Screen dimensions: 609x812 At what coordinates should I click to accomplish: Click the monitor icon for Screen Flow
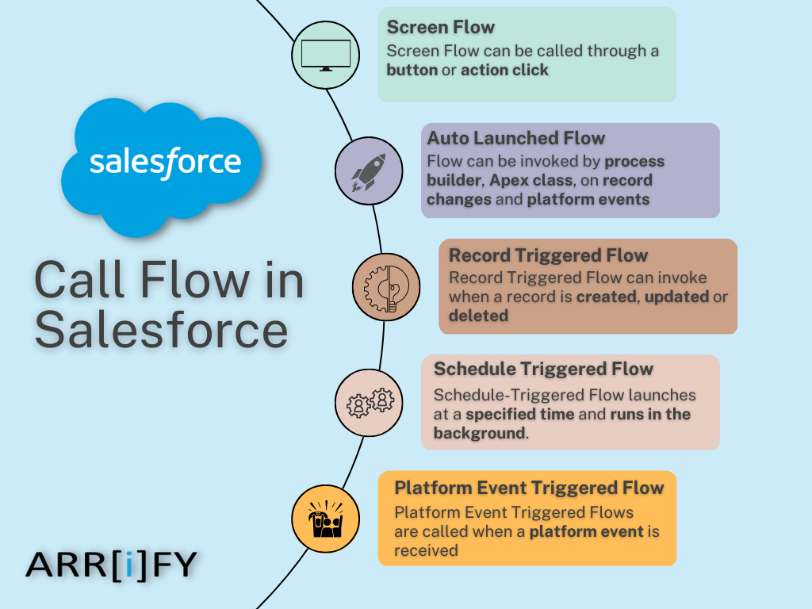[x=326, y=54]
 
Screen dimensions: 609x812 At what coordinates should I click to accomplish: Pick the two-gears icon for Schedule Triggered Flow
[x=370, y=401]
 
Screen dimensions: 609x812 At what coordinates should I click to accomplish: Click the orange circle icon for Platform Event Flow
[x=325, y=519]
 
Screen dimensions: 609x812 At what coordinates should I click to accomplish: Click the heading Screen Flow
[x=440, y=27]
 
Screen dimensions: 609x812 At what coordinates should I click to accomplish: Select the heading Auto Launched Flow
[x=516, y=138]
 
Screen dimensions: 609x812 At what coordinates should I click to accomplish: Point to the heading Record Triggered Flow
[x=548, y=255]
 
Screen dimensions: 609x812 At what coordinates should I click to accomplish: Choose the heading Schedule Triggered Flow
[x=543, y=369]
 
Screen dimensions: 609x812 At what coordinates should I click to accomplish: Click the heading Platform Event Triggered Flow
[x=529, y=486]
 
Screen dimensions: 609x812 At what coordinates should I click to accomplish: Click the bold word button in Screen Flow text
[x=412, y=70]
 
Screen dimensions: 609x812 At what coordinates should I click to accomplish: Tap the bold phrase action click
[x=504, y=70]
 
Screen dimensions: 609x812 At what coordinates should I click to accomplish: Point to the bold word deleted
[x=478, y=316]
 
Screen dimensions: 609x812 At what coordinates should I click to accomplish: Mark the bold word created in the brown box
[x=607, y=297]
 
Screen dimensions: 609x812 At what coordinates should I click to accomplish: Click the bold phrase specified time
[x=534, y=414]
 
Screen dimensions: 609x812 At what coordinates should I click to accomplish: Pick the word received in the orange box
[x=426, y=550]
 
